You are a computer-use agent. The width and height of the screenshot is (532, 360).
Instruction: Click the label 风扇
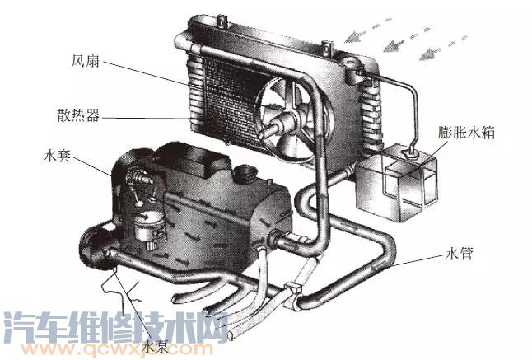pyautogui.click(x=86, y=62)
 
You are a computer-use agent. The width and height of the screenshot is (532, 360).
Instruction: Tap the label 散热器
pyautogui.click(x=78, y=115)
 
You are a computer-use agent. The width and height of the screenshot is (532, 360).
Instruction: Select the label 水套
pyautogui.click(x=57, y=156)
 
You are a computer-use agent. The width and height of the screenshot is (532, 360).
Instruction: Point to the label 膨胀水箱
pyautogui.click(x=466, y=133)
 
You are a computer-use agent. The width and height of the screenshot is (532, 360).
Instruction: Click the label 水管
pyautogui.click(x=459, y=254)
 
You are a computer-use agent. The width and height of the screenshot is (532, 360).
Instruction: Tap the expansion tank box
pyautogui.click(x=396, y=182)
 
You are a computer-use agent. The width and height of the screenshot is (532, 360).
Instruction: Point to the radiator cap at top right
pyautogui.click(x=350, y=63)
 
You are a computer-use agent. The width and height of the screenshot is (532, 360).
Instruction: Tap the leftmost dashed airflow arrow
pyautogui.click(x=368, y=30)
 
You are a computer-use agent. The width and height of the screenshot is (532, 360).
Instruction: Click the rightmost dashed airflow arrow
pyautogui.click(x=443, y=48)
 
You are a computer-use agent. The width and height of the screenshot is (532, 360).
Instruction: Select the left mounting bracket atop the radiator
pyautogui.click(x=222, y=22)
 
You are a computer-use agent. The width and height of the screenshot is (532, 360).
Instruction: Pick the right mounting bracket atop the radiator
pyautogui.click(x=327, y=49)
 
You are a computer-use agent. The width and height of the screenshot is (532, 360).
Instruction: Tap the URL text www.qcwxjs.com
pyautogui.click(x=116, y=348)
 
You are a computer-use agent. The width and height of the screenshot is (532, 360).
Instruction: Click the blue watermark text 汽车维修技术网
pyautogui.click(x=116, y=326)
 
